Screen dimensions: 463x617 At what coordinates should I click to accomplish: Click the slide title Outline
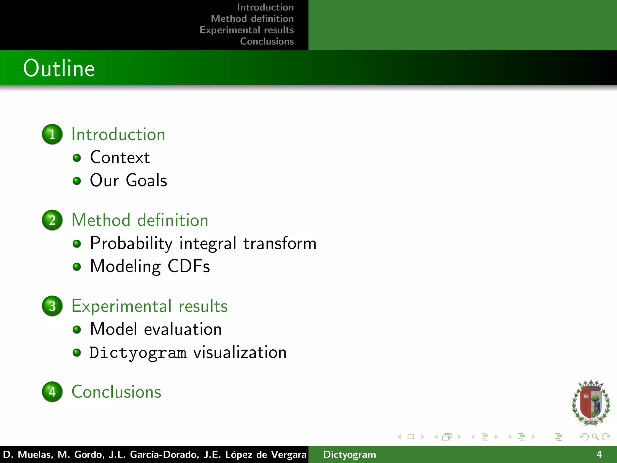[59, 68]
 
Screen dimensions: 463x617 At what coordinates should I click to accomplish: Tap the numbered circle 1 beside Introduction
[52, 134]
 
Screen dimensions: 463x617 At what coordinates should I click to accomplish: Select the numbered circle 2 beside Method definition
[52, 220]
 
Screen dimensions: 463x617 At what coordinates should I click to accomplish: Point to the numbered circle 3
[52, 306]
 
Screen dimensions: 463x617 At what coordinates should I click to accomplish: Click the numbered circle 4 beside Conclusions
[52, 392]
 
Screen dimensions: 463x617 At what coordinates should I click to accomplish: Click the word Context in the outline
[120, 157]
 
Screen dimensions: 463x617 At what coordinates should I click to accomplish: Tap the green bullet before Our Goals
[77, 181]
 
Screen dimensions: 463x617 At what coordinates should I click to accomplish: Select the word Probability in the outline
[131, 244]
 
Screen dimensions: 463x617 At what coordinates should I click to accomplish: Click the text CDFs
[189, 266]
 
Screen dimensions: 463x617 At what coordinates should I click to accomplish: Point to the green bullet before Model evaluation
[77, 329]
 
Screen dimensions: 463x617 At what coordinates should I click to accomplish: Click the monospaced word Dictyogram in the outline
[138, 353]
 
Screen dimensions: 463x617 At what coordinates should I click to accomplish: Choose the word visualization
[240, 352]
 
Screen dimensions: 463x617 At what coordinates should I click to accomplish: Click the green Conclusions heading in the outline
[116, 392]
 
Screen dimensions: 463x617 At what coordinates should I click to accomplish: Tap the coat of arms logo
[591, 402]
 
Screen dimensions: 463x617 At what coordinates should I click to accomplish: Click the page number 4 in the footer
[599, 454]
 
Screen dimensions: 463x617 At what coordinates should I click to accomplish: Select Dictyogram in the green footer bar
[349, 455]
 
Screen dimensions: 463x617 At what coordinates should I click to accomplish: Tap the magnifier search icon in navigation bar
[595, 437]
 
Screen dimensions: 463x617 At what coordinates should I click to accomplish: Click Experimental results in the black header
[247, 30]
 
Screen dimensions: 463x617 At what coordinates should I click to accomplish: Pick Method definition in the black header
[252, 19]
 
